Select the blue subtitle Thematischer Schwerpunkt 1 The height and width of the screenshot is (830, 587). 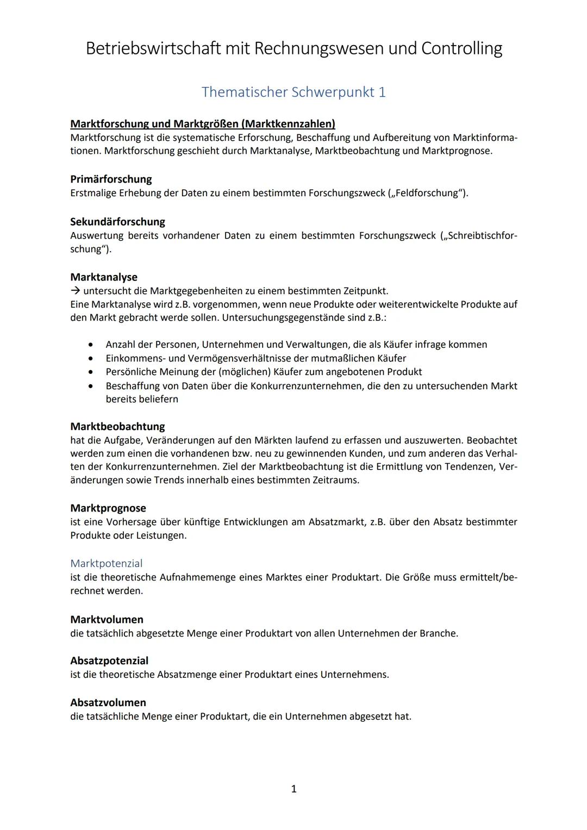coord(293,92)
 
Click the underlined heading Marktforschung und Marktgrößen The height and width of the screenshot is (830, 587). coord(202,124)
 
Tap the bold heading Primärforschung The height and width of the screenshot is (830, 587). coord(111,179)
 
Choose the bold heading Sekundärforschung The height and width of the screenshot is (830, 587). coord(117,222)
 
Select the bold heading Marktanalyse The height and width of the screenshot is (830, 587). coord(104,277)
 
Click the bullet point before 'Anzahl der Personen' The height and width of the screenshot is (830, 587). coord(90,345)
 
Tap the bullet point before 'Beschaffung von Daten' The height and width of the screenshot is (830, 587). coord(90,386)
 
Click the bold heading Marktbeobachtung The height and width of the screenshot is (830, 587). coord(117,427)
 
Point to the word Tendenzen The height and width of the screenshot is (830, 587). coord(470,466)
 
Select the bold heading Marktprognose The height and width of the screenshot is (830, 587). coord(108,508)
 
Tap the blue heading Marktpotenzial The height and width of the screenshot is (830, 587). coord(107,564)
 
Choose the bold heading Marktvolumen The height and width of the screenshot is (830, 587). coord(107,620)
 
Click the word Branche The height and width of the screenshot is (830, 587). coord(438,633)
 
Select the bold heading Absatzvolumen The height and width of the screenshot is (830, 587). coord(108,703)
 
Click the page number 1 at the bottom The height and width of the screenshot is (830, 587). coord(294,789)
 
